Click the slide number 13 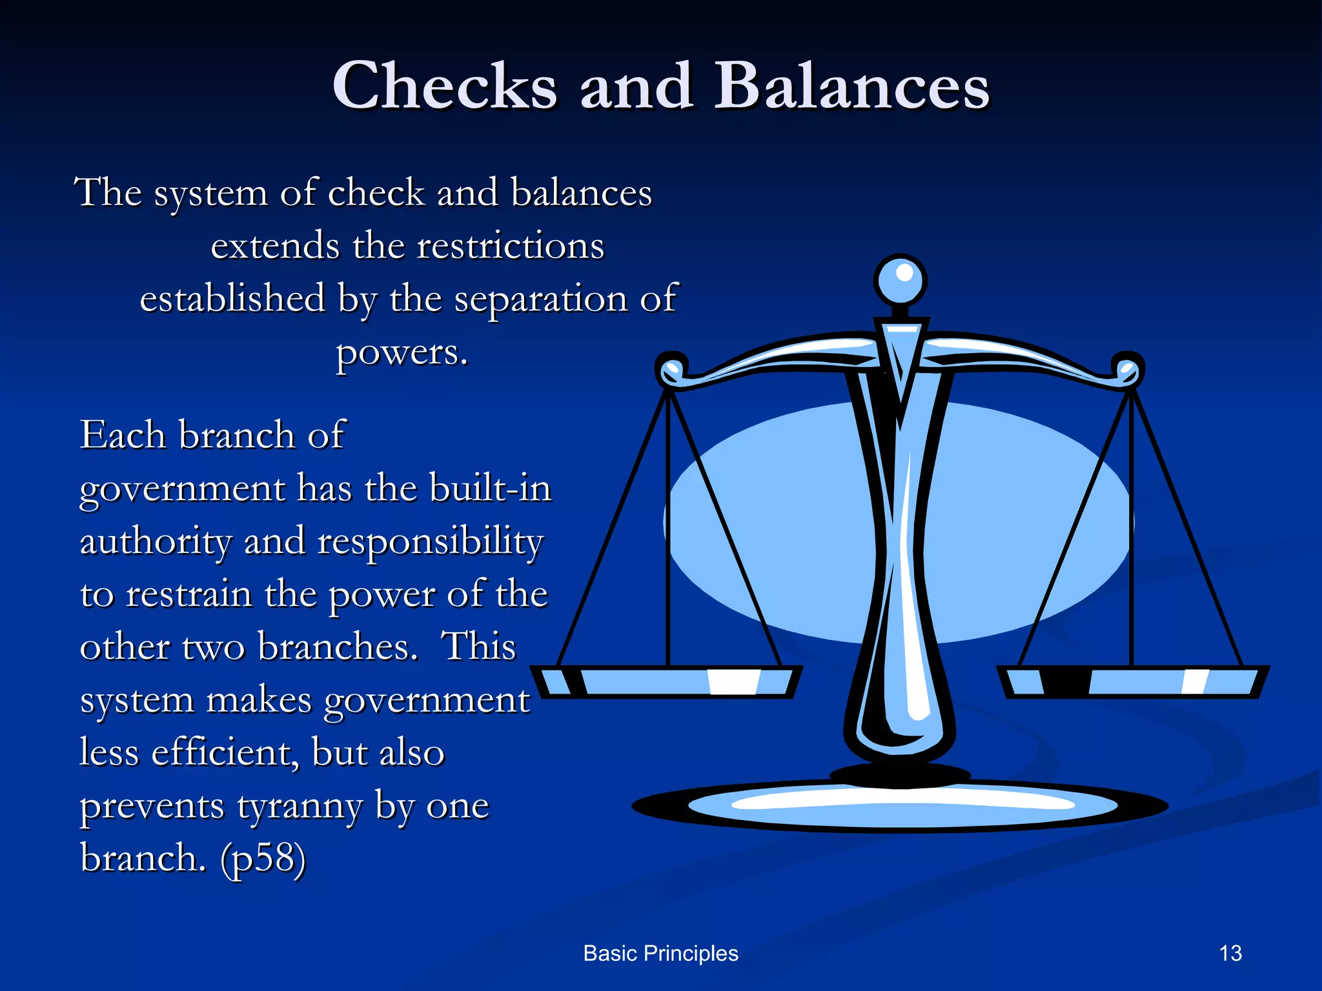point(1230,953)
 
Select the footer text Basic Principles point(660,953)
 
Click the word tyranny point(300,806)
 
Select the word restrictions point(511,246)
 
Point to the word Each point(123,434)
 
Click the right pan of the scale point(1132,681)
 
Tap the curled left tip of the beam point(671,370)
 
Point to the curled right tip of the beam point(1128,370)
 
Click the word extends point(275,246)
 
